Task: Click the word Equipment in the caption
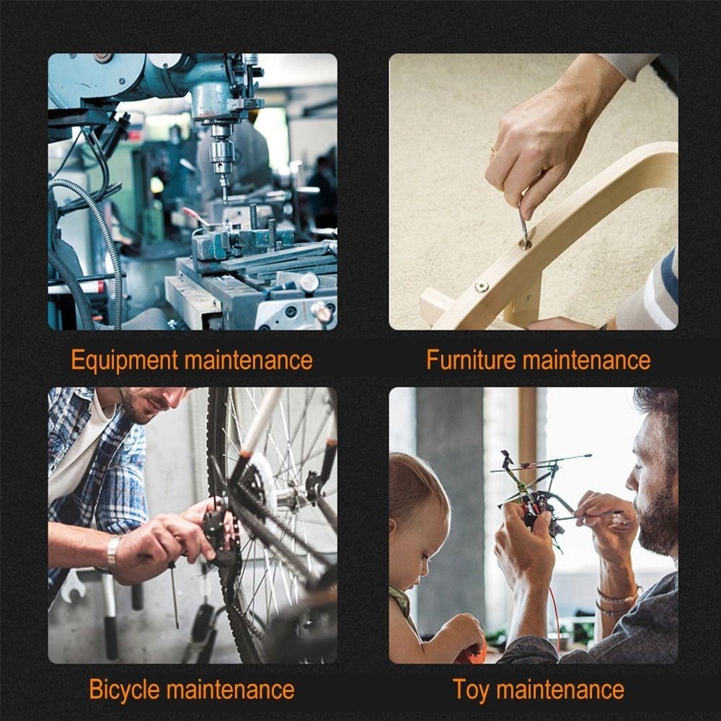[x=124, y=359]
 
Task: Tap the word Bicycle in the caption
[x=124, y=689]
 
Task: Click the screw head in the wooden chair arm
[x=481, y=286]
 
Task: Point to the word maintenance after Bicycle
[x=231, y=689]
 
